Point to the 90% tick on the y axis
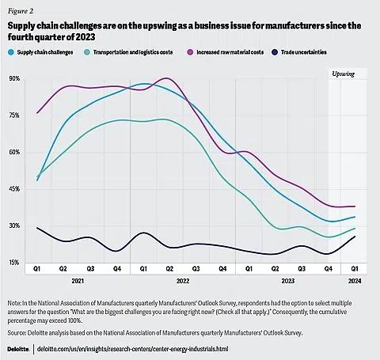click(14, 79)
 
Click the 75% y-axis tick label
click(14, 116)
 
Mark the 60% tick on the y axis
click(14, 153)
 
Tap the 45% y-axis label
click(14, 189)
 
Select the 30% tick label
click(14, 225)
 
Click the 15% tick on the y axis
click(14, 263)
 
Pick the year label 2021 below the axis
click(78, 281)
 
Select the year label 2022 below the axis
click(182, 281)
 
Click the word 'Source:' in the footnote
click(21, 332)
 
